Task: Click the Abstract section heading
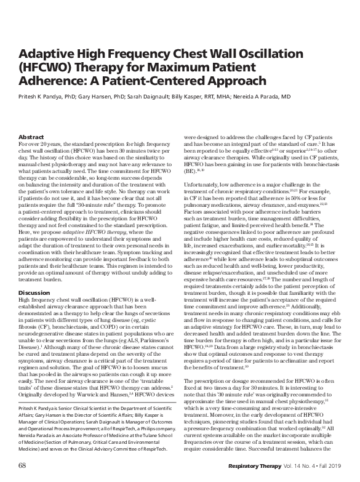pyautogui.click(x=31, y=137)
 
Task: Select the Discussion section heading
pyautogui.click(x=34, y=292)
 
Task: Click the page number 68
pyautogui.click(x=23, y=463)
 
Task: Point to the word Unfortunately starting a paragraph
pyautogui.click(x=206, y=193)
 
